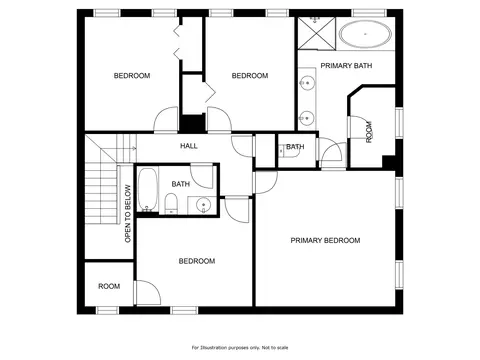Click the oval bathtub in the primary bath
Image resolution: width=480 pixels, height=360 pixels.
[365, 34]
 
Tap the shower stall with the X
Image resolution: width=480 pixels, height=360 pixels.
[316, 33]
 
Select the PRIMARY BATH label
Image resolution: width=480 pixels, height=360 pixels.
[346, 66]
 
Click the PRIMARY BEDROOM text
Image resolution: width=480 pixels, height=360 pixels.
[325, 240]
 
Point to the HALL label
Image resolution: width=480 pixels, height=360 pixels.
[189, 146]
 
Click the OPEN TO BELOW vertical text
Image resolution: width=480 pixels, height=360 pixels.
[128, 214]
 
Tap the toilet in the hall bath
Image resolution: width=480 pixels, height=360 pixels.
[172, 203]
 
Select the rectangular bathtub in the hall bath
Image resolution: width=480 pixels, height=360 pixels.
[147, 190]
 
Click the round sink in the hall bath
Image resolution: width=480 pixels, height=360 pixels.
[203, 205]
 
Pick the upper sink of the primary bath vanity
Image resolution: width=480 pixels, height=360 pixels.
[307, 82]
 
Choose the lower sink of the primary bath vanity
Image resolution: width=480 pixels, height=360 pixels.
[306, 118]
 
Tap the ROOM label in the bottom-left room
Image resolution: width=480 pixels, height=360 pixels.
[109, 286]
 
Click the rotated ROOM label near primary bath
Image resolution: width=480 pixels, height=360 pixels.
[369, 132]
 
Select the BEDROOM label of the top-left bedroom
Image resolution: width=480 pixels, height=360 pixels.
[132, 76]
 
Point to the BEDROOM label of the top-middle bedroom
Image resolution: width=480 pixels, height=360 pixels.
[250, 76]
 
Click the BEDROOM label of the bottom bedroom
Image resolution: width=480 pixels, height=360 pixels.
[197, 261]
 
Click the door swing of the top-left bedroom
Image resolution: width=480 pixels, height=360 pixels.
[166, 119]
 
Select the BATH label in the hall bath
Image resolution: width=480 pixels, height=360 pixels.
[181, 184]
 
